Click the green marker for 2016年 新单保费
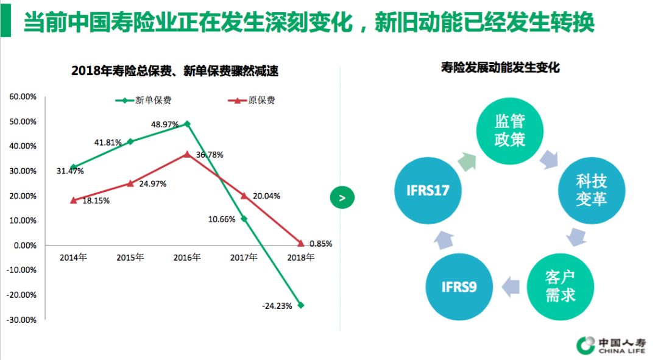187,124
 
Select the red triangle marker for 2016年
187,154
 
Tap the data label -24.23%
277,306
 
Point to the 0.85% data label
320,244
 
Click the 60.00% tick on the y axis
23,96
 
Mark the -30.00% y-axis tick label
22,320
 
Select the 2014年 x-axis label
73,258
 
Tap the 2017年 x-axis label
244,258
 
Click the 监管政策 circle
510,129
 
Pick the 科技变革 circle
592,189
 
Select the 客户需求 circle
561,286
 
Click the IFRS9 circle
459,286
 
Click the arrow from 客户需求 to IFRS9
510,284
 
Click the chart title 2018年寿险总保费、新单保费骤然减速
175,71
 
